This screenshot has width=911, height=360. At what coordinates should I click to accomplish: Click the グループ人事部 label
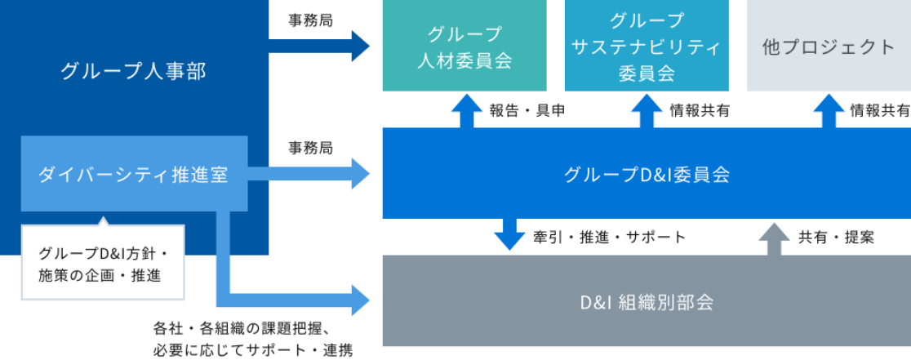tap(134, 72)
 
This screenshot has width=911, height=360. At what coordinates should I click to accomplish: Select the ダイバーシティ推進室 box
tap(134, 174)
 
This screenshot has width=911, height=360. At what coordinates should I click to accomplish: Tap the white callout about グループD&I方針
tap(103, 264)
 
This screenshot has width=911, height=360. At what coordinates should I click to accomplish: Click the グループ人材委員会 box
tap(464, 47)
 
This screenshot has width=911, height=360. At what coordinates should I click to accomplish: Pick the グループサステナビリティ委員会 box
tap(647, 47)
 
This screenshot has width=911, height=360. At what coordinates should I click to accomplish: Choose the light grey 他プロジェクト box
tap(829, 47)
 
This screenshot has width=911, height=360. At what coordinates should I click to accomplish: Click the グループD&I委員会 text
tap(647, 174)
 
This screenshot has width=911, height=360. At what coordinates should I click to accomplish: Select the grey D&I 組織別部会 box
tap(647, 301)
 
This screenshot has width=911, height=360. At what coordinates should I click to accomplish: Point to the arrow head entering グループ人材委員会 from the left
tap(359, 46)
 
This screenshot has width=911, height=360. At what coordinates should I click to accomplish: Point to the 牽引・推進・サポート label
tap(610, 238)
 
